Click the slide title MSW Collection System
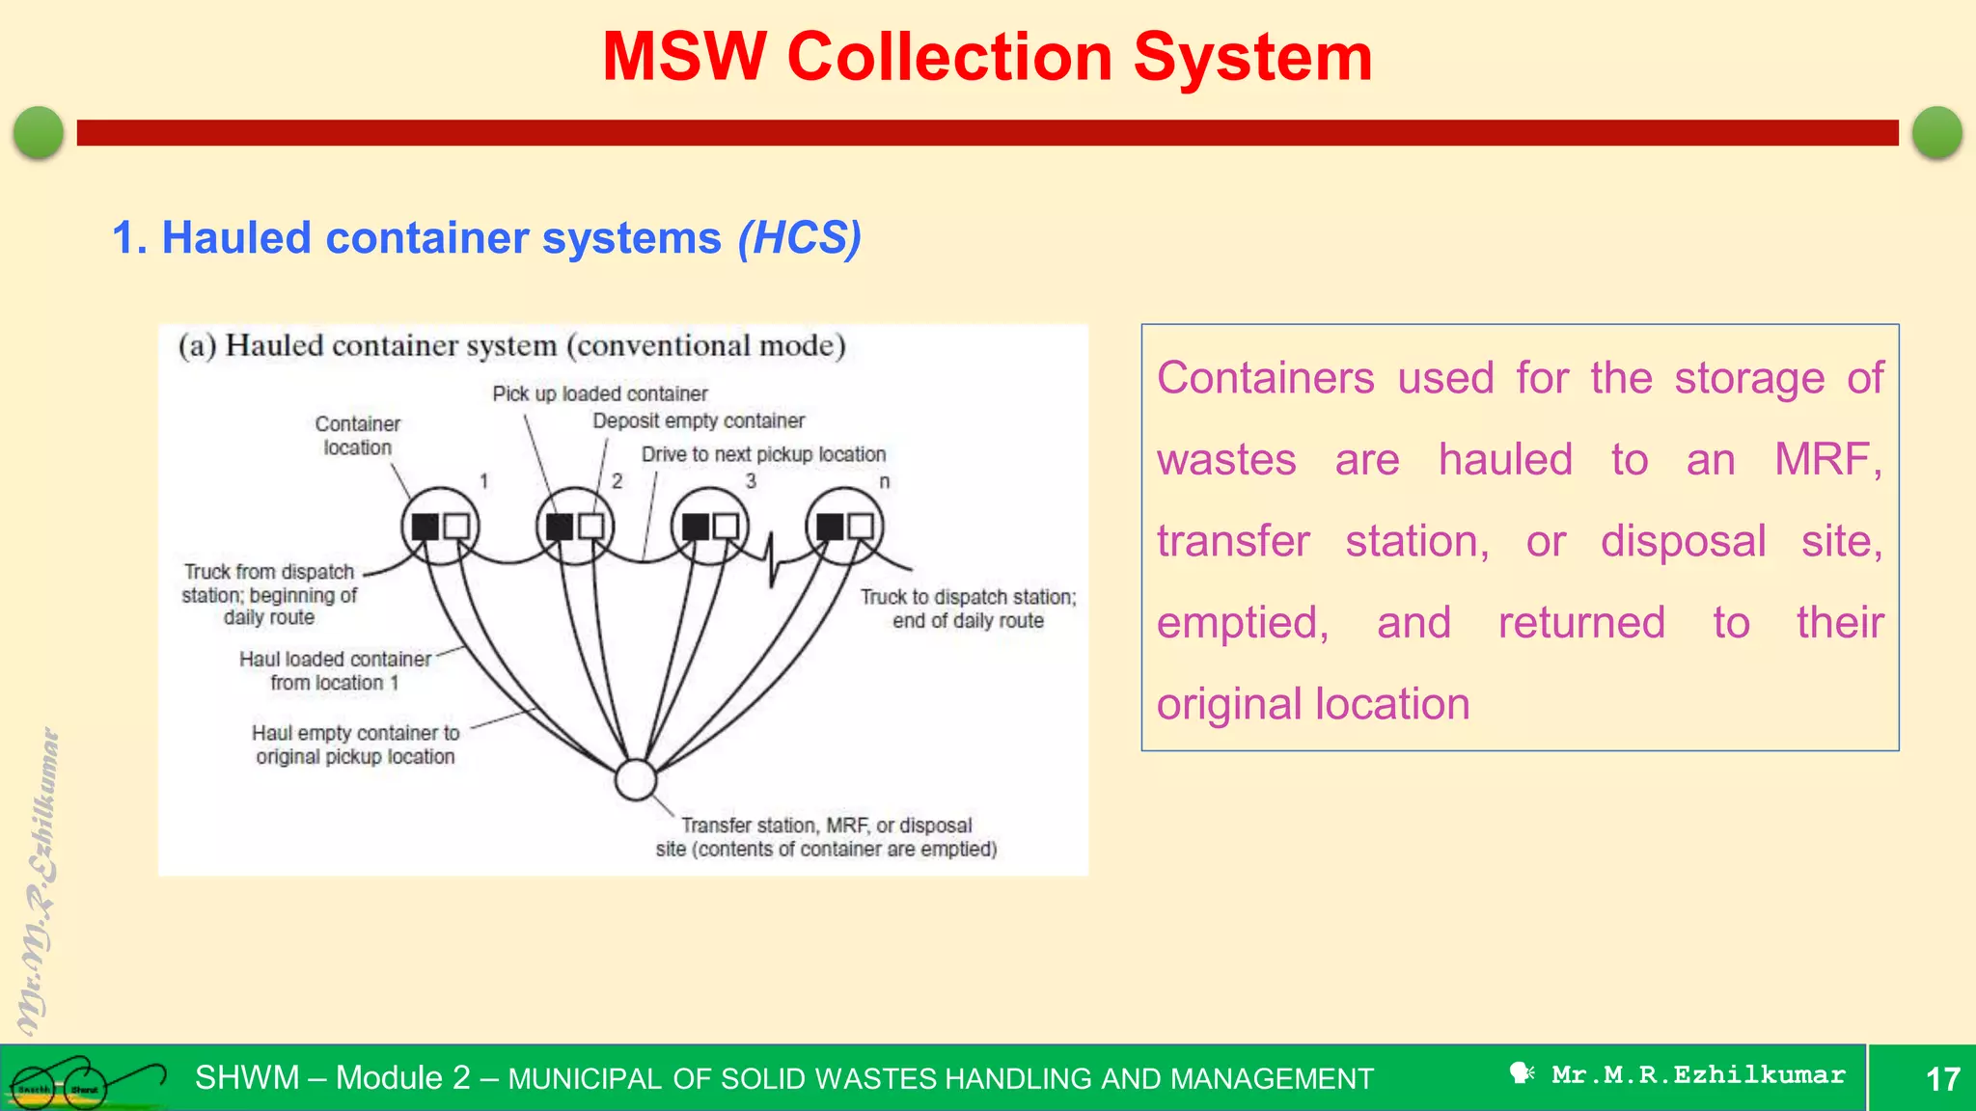click(987, 57)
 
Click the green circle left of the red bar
click(39, 132)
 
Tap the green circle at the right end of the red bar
click(1936, 132)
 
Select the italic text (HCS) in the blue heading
click(799, 237)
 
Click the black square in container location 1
click(425, 527)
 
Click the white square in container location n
click(861, 526)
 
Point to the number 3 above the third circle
click(751, 480)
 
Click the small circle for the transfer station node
click(636, 779)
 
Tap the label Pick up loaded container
click(599, 393)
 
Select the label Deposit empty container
click(698, 420)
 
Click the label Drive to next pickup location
click(763, 454)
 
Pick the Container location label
click(357, 435)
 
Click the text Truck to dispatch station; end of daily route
click(968, 609)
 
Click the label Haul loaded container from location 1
click(335, 670)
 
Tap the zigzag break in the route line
click(771, 559)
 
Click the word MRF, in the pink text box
click(1827, 459)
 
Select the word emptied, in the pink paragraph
click(1242, 622)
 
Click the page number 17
click(1942, 1078)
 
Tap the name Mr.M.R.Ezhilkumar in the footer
click(1697, 1074)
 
